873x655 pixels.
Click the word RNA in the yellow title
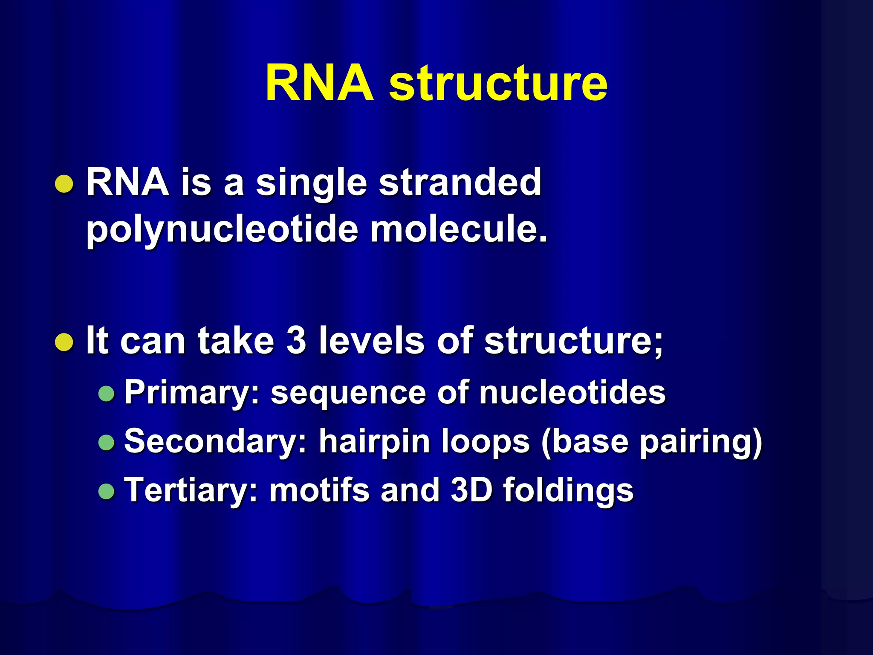(x=319, y=83)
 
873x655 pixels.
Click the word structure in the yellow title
(x=498, y=83)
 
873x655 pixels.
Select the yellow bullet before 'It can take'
(x=64, y=342)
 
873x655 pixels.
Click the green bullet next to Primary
(x=106, y=393)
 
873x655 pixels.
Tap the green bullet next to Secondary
(x=106, y=442)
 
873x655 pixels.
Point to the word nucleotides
(x=572, y=392)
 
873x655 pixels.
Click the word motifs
(x=319, y=490)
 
